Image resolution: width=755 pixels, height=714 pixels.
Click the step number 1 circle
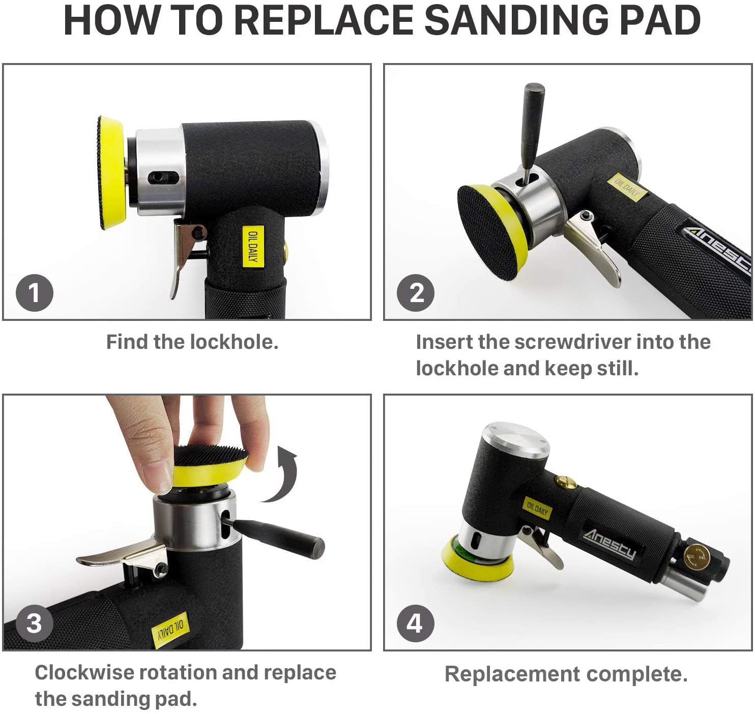(x=35, y=293)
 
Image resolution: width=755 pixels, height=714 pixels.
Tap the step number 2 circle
(x=416, y=293)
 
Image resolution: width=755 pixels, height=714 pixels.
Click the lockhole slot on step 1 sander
(x=163, y=177)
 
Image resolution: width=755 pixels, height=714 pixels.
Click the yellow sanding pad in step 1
(x=111, y=173)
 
